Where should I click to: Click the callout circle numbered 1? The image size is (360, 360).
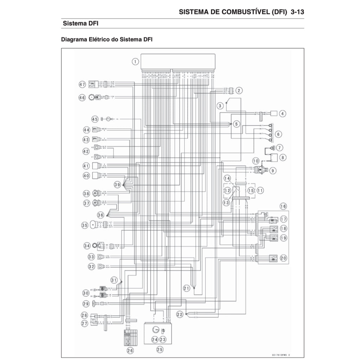135,62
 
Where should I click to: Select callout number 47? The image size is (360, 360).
82,84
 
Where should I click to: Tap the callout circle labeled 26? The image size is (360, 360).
130,350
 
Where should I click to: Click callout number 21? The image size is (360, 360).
187,288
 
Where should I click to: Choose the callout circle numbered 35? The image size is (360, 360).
84,225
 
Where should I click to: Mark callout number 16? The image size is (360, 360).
283,206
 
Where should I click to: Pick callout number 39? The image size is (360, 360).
117,184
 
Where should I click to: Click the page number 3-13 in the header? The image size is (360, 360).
297,12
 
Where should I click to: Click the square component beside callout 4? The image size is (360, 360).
274,114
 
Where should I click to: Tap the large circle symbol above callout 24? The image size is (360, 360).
154,329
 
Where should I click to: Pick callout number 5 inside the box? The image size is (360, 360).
236,124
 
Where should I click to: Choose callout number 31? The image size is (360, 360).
114,280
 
